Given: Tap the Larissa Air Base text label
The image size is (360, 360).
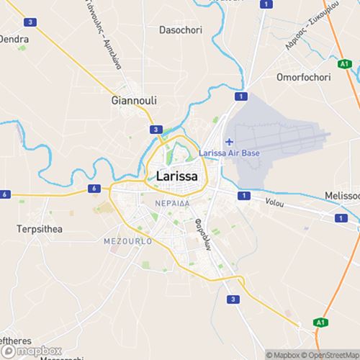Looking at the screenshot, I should coord(229,153).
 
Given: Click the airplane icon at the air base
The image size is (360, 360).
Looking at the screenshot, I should coord(229,141).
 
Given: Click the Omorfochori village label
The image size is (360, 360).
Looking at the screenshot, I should coord(303,76).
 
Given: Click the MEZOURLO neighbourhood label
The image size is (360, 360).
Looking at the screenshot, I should coord(128,241).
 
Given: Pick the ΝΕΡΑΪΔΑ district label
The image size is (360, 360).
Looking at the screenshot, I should coord(172,204).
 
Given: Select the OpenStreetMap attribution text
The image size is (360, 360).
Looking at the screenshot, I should coord(328,354).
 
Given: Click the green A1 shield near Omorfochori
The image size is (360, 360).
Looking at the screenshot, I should coord(345,63).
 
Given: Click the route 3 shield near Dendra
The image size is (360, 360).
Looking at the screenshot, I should coord(30,22).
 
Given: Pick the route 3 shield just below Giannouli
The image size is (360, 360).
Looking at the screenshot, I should coord(156,130).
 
